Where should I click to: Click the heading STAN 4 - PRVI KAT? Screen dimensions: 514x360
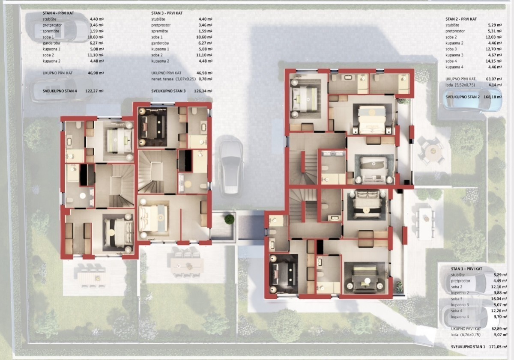click(58, 13)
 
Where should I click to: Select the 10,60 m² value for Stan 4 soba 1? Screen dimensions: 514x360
click(97, 37)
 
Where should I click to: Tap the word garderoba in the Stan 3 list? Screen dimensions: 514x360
click(160, 43)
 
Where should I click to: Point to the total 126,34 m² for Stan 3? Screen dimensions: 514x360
click(203, 91)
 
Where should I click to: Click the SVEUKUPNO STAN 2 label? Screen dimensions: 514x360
click(462, 97)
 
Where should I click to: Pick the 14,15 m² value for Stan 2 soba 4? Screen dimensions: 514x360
click(495, 61)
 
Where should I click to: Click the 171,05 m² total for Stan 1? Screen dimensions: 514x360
click(498, 347)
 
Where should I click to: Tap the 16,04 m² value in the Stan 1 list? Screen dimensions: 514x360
click(500, 299)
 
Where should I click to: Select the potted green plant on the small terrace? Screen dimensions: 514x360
click(229, 220)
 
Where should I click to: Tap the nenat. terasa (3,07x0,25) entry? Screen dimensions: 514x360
click(173, 79)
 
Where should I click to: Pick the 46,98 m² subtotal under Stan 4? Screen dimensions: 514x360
click(96, 73)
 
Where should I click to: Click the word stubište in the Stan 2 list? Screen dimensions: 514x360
click(452, 25)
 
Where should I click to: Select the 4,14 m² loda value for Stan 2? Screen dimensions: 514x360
click(495, 85)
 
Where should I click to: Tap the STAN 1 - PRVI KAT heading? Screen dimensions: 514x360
click(466, 269)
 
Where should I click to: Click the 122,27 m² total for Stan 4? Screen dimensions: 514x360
click(94, 91)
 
